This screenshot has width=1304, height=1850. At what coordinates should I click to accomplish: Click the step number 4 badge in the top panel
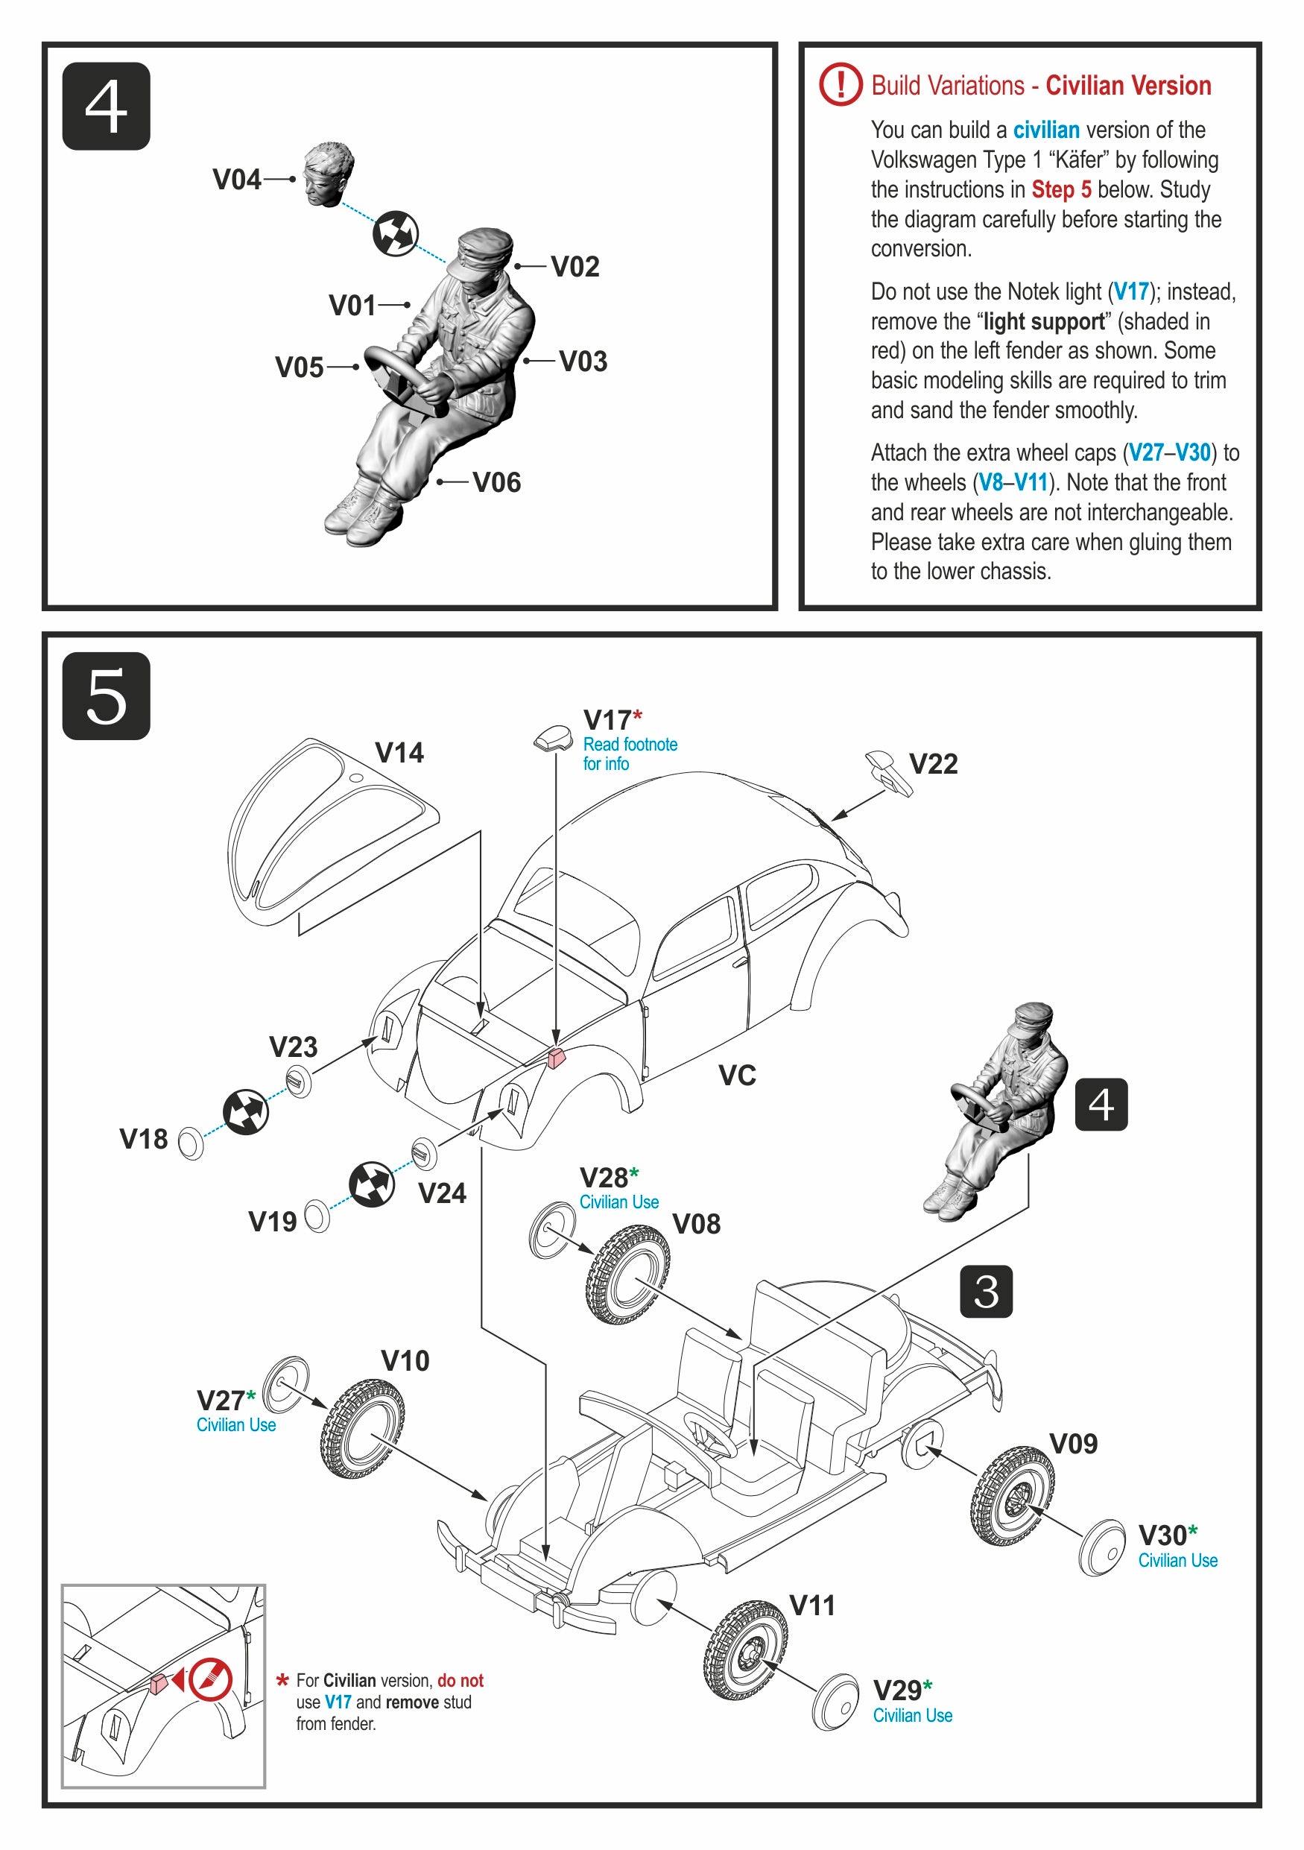point(106,107)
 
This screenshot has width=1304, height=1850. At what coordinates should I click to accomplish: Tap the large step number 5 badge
point(106,696)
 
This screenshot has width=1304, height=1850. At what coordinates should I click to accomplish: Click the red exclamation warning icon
point(840,83)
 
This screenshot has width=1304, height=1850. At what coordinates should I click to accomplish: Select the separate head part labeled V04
point(328,174)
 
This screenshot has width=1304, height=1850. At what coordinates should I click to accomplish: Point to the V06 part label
point(496,483)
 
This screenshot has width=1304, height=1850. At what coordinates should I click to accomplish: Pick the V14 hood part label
point(399,753)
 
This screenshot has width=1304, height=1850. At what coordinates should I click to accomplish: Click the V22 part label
point(933,764)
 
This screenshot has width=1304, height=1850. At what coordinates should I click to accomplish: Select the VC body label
point(737,1075)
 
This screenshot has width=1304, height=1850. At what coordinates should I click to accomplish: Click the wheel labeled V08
point(627,1275)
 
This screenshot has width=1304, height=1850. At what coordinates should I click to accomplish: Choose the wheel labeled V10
point(361,1428)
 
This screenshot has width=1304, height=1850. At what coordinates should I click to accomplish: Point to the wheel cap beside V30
point(1102,1548)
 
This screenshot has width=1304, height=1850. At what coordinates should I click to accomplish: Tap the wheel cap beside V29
point(835,1702)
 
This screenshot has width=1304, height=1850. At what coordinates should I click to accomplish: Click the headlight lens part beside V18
point(190,1143)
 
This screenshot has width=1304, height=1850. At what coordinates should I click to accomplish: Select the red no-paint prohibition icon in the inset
point(211,1679)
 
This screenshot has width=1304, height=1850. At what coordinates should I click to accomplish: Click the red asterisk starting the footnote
point(282,1681)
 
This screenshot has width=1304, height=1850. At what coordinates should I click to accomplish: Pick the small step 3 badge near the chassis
point(986,1292)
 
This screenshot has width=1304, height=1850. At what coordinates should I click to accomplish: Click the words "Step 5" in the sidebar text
point(1061,189)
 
